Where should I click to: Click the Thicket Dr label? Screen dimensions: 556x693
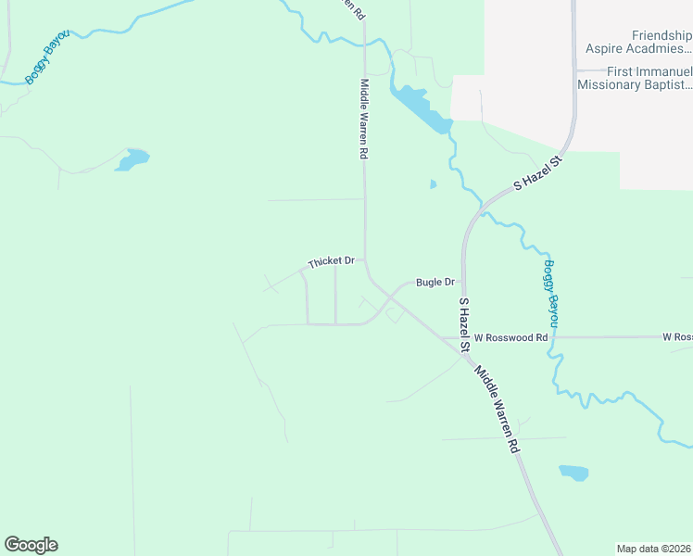pos(332,262)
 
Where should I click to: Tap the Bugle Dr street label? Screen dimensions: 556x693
pos(435,282)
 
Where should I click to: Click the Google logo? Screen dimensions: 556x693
pos(31,545)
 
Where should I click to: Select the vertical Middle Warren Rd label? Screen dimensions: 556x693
pos(364,119)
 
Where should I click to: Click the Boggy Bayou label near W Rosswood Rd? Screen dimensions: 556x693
pos(551,293)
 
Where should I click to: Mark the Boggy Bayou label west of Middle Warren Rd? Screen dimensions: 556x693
pos(47,57)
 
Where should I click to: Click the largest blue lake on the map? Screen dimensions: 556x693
pos(422,107)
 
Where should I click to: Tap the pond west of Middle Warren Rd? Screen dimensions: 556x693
pos(132,160)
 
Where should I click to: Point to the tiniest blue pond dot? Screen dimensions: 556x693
pos(433,184)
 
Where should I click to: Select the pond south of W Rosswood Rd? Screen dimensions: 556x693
pos(573,473)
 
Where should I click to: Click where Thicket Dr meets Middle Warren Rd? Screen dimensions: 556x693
pos(365,262)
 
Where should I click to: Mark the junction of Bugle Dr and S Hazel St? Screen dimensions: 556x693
pos(462,282)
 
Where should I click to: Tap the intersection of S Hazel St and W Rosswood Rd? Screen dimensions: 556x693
pos(462,338)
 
